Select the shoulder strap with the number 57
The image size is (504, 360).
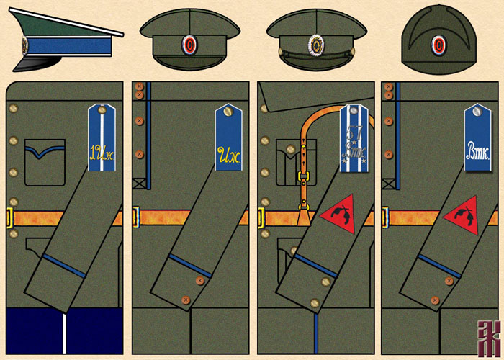354,137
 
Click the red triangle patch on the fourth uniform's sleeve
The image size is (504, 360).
461,214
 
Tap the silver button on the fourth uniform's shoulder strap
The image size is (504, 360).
478,111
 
